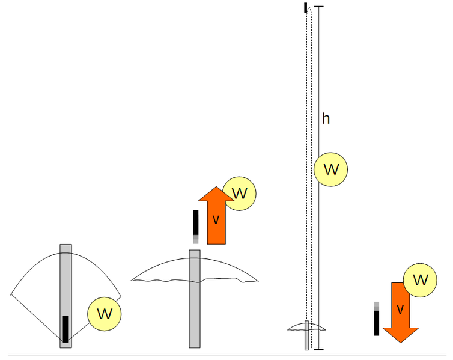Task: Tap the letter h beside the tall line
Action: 326,119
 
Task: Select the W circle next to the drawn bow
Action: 105,313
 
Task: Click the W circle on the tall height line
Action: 331,169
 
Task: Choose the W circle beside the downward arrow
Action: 421,280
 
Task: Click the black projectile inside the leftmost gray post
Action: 65,329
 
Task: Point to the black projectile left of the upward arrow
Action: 196,224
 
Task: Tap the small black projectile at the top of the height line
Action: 306,7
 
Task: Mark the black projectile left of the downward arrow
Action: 377,322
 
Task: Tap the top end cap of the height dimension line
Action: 319,7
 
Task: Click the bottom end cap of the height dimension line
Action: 319,349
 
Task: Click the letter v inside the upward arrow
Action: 216,220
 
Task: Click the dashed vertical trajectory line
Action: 308,168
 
